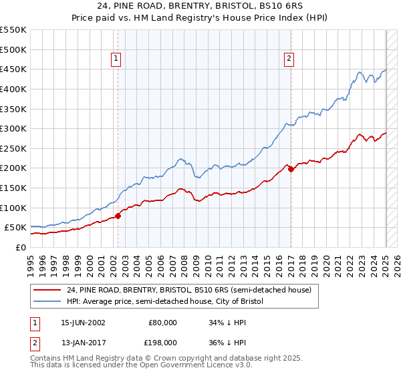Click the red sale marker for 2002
(118, 216)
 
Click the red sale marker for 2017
(291, 169)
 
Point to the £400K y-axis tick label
(13, 89)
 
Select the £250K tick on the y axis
(13, 148)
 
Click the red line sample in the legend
(47, 291)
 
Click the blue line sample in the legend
(47, 302)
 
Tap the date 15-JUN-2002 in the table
(83, 322)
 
